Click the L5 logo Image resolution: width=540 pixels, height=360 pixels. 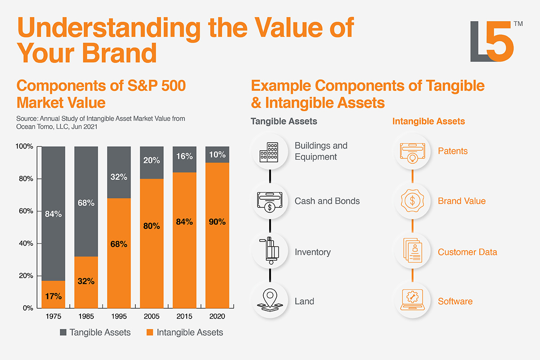[492, 41]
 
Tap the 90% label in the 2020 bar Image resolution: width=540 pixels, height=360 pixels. [217, 221]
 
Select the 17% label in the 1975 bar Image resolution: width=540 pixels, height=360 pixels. [54, 296]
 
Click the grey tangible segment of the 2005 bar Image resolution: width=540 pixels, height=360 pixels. [152, 162]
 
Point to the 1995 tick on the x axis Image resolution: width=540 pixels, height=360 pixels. [119, 316]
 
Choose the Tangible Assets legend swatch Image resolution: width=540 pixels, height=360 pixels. [63, 333]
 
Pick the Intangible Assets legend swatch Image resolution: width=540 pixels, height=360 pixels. [150, 333]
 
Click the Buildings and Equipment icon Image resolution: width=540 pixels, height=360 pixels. [269, 151]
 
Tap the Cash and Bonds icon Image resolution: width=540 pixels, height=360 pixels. [269, 201]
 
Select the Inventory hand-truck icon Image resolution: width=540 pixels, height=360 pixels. [269, 251]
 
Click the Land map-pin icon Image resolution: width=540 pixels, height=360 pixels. [269, 301]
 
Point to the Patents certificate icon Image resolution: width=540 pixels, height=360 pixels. [412, 151]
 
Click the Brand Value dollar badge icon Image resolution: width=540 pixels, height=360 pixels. [412, 201]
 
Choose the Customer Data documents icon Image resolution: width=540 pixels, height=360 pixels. [412, 251]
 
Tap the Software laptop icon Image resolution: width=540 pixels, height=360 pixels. [412, 301]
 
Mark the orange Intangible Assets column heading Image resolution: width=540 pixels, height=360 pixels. [428, 121]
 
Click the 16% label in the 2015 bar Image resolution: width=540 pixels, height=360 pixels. [184, 156]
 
